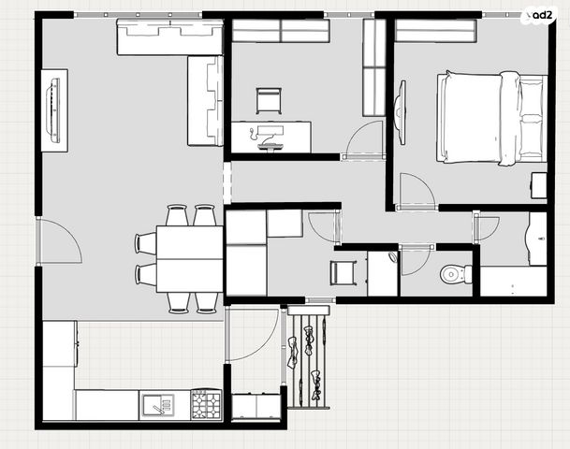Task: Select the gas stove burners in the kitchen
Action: click(x=207, y=404)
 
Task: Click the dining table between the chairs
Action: click(x=190, y=259)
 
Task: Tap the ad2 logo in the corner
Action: click(x=540, y=16)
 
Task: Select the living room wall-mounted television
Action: click(x=53, y=110)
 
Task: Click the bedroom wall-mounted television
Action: click(x=401, y=112)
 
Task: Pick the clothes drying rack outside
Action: click(x=308, y=357)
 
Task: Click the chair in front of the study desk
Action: click(x=269, y=101)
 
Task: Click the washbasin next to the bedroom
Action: click(x=537, y=239)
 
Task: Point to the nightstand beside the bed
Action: click(x=539, y=185)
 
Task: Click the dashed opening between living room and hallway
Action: click(x=227, y=182)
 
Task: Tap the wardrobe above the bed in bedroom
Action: click(x=435, y=31)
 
